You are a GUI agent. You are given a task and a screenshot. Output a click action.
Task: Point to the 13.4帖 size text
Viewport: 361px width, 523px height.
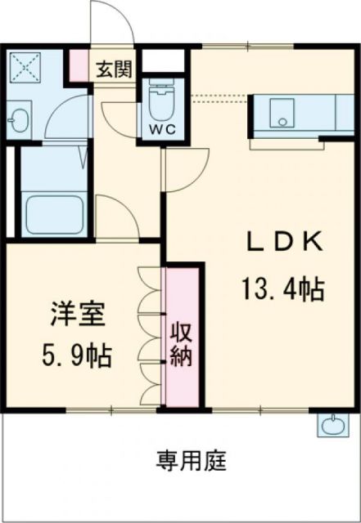[282, 288]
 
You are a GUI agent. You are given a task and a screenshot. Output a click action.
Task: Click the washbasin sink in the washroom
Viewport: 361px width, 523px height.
[19, 122]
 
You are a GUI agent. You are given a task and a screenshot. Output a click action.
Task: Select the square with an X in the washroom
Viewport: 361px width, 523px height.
[22, 66]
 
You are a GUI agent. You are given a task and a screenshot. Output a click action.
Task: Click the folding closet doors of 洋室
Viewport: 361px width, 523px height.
[149, 335]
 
